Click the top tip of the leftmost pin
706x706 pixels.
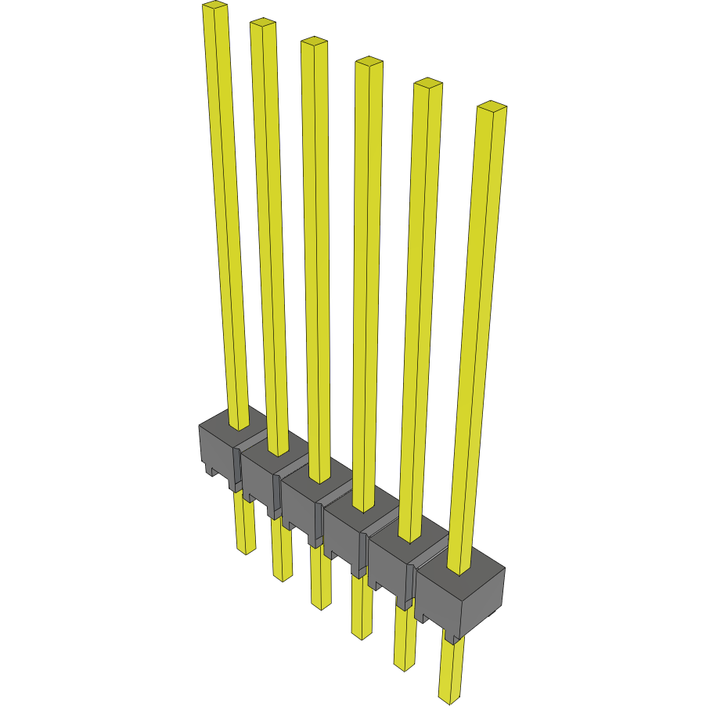(214, 6)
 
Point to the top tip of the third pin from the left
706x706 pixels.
(314, 41)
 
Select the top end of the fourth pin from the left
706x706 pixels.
(368, 62)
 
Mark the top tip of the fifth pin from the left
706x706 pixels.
(428, 83)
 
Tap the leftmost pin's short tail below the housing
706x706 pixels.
(245, 524)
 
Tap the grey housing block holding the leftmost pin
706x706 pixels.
(216, 450)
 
